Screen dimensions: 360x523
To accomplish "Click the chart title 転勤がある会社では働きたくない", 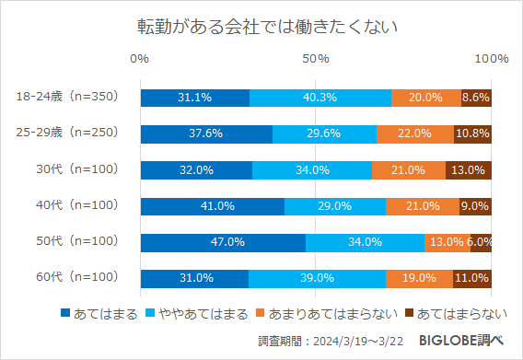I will pyautogui.click(x=261, y=26).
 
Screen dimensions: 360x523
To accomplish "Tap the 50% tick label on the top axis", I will pyautogui.click(x=316, y=59).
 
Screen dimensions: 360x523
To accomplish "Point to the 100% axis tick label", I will pyautogui.click(x=491, y=59).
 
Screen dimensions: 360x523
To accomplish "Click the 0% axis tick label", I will pyautogui.click(x=140, y=59).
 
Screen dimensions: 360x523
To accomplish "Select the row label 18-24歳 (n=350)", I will pyautogui.click(x=68, y=97).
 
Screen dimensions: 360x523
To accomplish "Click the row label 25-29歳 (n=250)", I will pyautogui.click(x=68, y=133).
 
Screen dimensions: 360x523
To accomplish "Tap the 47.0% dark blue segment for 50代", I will pyautogui.click(x=222, y=242).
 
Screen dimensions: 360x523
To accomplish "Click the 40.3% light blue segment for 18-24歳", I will pyautogui.click(x=320, y=98).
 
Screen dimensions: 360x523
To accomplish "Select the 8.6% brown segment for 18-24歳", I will pyautogui.click(x=476, y=98).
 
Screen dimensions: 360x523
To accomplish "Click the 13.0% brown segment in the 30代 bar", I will pyautogui.click(x=468, y=170).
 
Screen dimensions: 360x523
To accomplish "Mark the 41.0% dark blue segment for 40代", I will pyautogui.click(x=212, y=206).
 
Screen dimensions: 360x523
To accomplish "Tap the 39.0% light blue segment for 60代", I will pyautogui.click(x=318, y=278).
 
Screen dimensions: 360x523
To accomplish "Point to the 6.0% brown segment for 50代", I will pyautogui.click(x=481, y=242).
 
